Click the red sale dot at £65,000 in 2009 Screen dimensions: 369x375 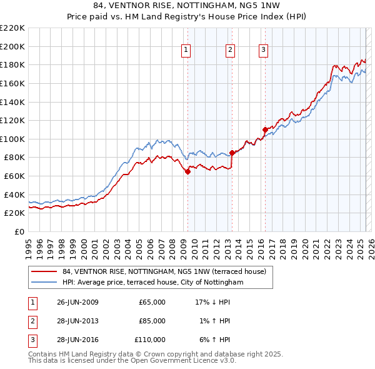click(x=187, y=172)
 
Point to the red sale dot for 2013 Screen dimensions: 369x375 click(x=232, y=153)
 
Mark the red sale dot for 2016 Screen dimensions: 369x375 click(x=265, y=129)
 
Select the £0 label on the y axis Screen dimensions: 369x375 click(x=19, y=232)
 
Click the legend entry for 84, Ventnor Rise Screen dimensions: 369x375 click(x=164, y=271)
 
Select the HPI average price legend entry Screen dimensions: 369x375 click(x=152, y=283)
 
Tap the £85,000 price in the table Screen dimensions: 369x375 click(x=152, y=321)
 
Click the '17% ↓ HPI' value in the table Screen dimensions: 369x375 click(x=213, y=302)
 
